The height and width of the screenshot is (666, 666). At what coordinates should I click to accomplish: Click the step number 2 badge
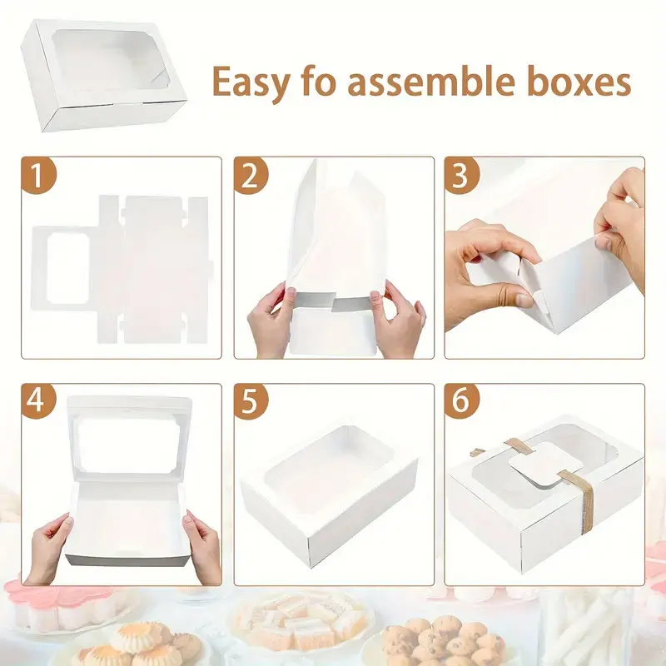point(250,176)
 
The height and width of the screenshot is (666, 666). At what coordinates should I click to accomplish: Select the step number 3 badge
point(463,176)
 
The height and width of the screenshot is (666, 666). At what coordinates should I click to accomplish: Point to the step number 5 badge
point(250,402)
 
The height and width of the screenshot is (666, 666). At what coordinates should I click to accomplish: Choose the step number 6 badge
point(463,402)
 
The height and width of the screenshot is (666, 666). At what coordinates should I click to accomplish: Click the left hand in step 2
point(272,321)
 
